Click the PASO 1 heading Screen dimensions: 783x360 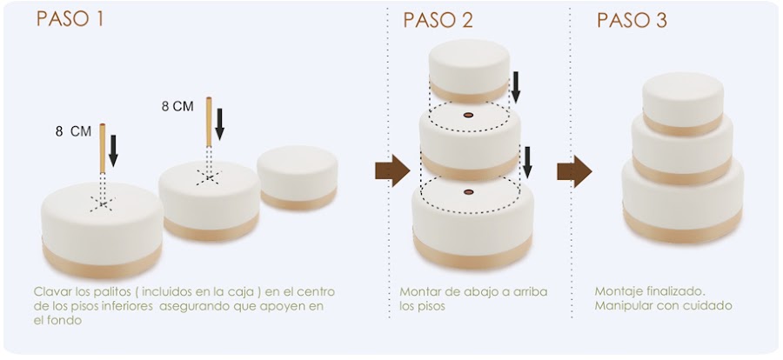(70, 19)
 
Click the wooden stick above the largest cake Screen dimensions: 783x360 (102, 148)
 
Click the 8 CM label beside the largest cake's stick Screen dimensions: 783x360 (71, 132)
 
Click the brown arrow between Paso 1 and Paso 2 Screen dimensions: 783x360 (391, 170)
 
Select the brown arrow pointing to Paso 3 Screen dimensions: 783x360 (574, 170)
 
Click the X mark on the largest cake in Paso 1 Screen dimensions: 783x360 (103, 203)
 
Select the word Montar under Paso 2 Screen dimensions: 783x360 (420, 291)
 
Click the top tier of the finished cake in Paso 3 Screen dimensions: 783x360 (683, 100)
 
